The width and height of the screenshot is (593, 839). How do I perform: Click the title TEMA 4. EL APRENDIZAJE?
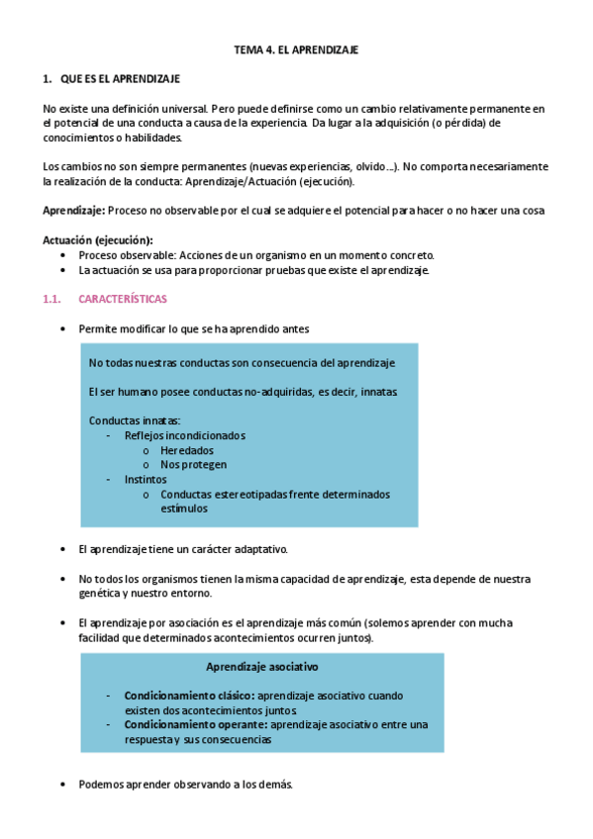(x=295, y=48)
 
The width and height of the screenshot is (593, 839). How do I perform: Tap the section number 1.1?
(x=53, y=298)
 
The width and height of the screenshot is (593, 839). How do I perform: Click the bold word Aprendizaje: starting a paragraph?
(x=73, y=211)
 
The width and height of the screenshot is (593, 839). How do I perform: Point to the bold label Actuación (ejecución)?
(x=97, y=240)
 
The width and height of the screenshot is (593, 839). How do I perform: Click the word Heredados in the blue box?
(x=186, y=450)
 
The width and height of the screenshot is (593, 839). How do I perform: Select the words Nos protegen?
(x=193, y=464)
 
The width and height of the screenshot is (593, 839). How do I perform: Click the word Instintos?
(x=146, y=479)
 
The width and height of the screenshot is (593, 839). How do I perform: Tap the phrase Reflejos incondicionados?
(x=184, y=435)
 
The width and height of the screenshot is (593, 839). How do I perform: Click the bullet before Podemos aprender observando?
(x=64, y=785)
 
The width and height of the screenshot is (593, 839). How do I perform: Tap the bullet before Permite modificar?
(x=64, y=328)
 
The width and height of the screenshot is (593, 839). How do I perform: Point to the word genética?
(x=99, y=594)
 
